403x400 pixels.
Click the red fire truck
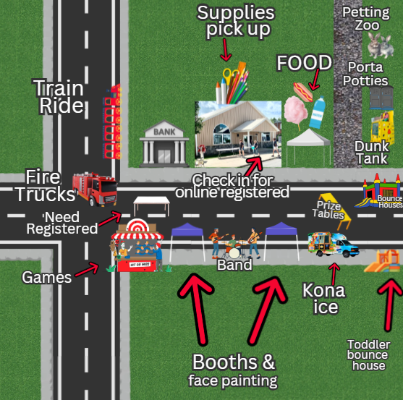[95, 190]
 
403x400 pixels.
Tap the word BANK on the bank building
[164, 132]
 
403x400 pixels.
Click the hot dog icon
[303, 92]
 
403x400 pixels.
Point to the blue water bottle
[318, 112]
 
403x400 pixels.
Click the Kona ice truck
[334, 244]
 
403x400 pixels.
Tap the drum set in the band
[234, 250]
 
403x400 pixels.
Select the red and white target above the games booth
[137, 226]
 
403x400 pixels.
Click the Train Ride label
[59, 97]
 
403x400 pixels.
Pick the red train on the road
[113, 122]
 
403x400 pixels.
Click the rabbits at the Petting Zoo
[380, 46]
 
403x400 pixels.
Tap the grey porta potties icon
[381, 98]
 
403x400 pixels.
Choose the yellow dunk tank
[383, 128]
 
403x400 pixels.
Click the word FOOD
[305, 63]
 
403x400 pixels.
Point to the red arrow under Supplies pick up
[226, 50]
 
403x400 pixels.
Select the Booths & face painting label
[233, 370]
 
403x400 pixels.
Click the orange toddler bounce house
[383, 261]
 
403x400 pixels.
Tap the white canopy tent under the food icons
[308, 146]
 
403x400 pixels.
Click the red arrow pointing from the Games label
[87, 270]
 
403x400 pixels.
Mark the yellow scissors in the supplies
[229, 76]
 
